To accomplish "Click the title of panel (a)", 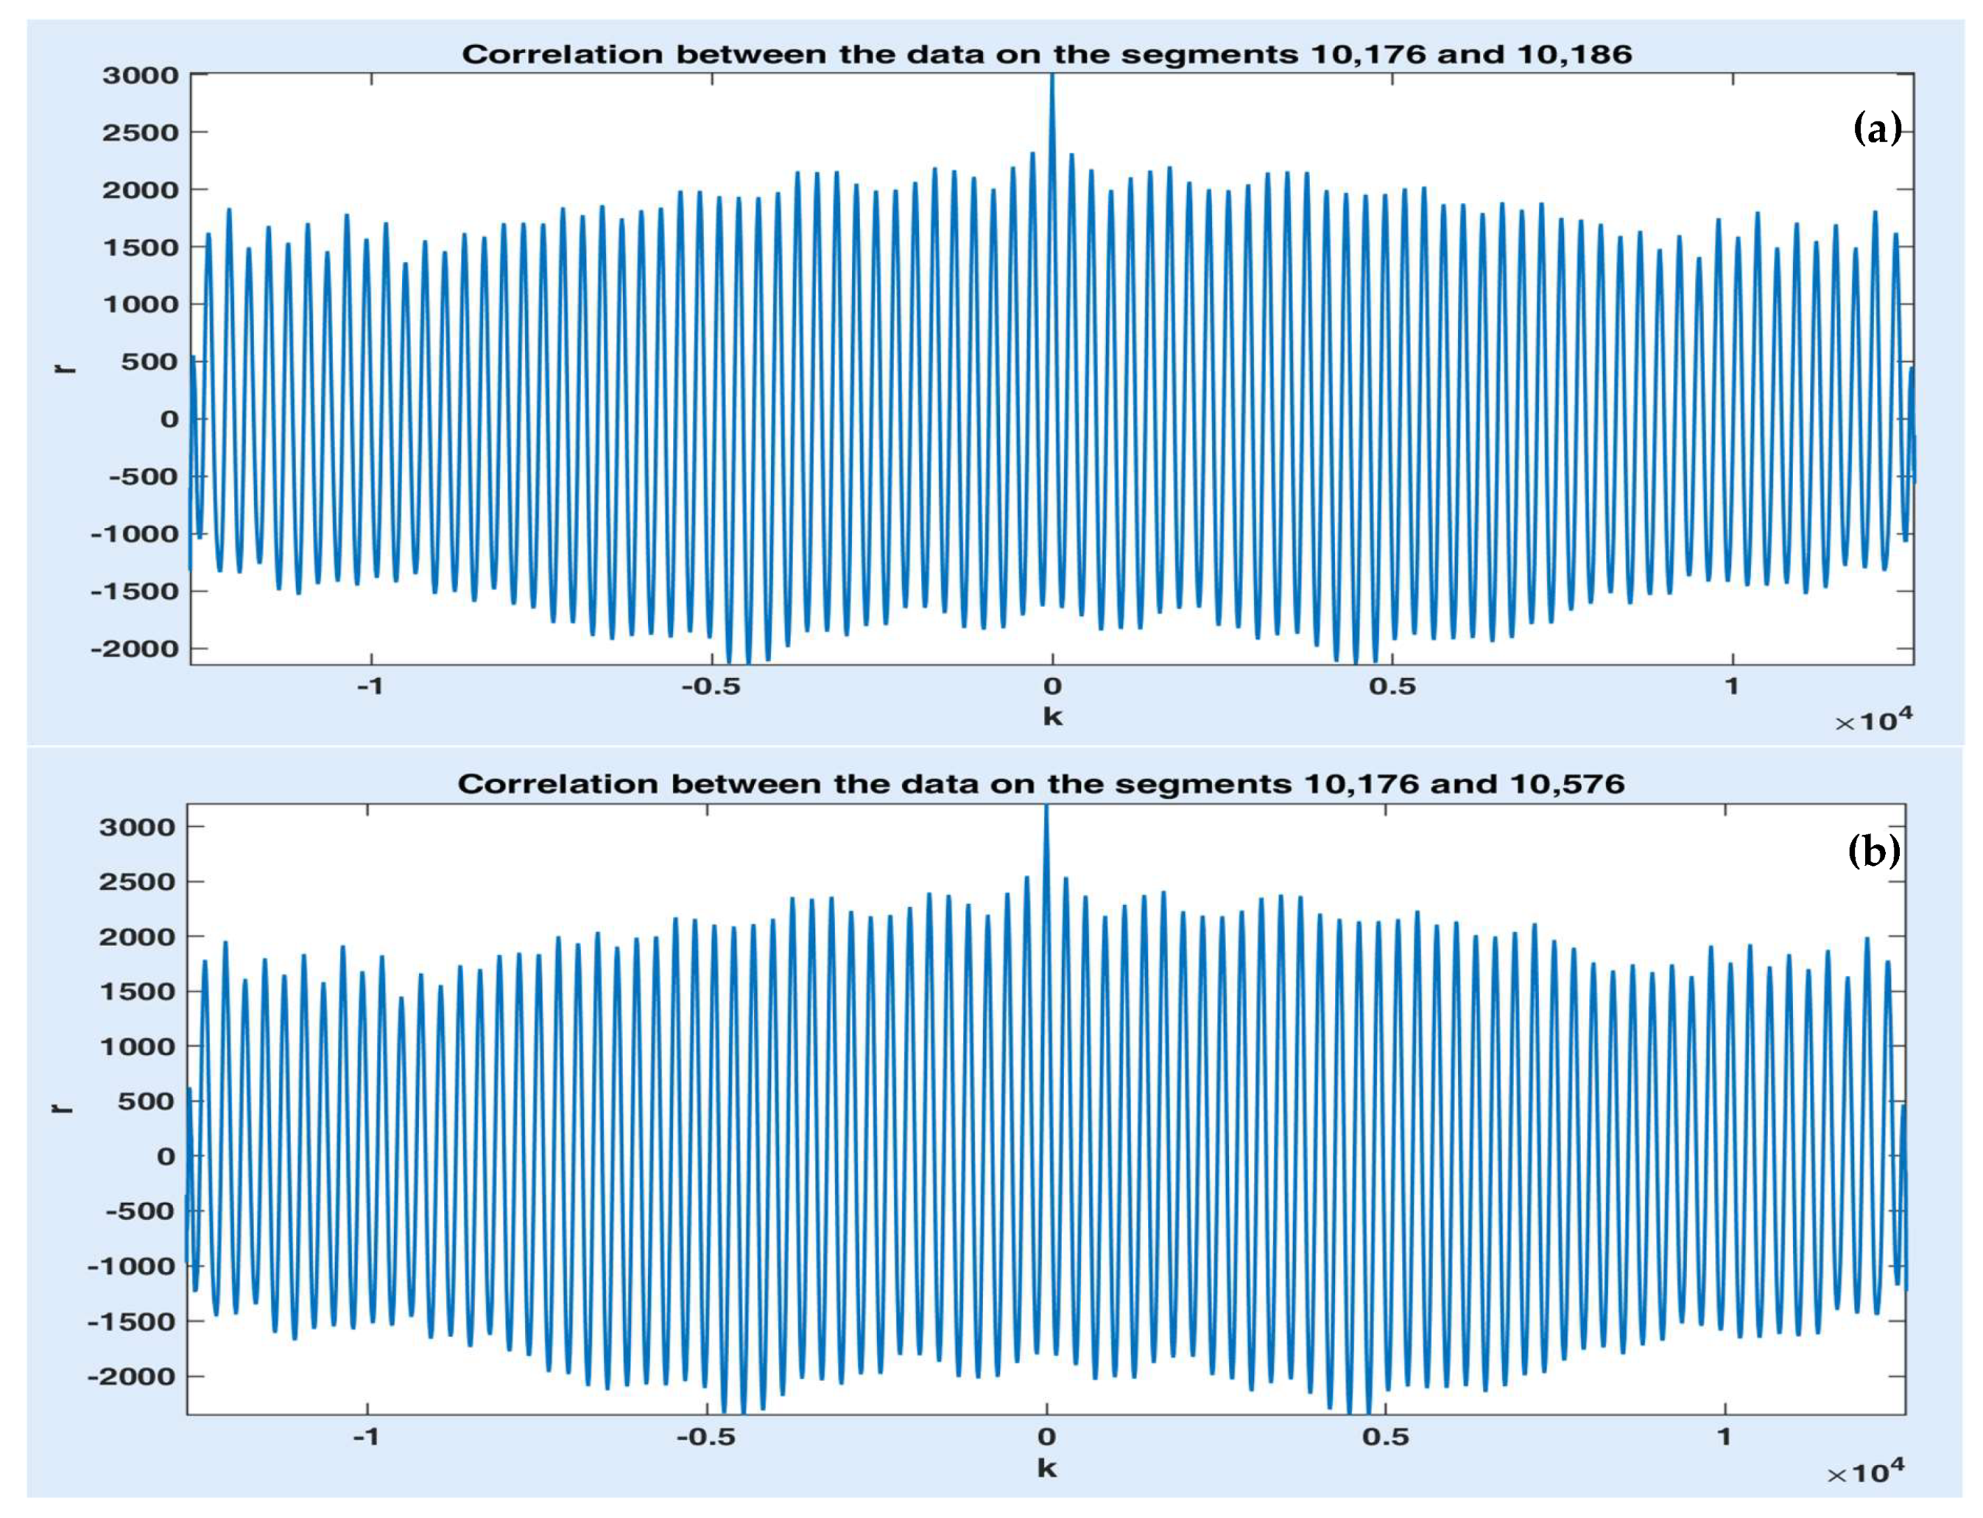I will (x=1046, y=54).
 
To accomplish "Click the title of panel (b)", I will (x=1041, y=783).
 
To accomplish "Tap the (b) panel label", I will (x=1873, y=851).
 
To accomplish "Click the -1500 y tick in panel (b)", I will (x=132, y=1322).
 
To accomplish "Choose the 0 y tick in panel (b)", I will (x=166, y=1156).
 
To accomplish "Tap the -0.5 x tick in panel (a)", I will (x=710, y=686).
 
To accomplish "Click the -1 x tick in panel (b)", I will (x=365, y=1438).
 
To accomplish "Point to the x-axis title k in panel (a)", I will (x=1052, y=717).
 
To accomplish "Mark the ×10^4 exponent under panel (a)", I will (x=1873, y=720).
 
